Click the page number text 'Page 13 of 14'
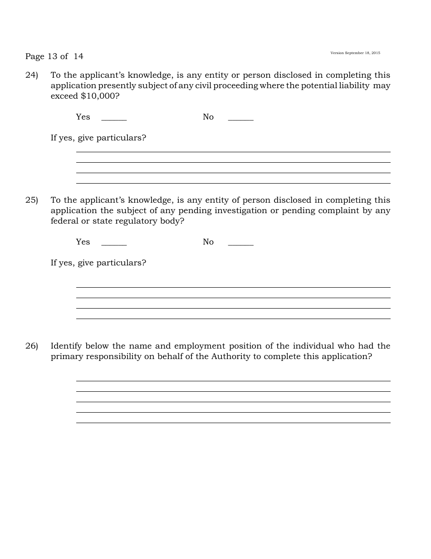click(54, 56)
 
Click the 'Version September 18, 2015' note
click(355, 53)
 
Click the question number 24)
click(31, 75)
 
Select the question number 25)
click(31, 200)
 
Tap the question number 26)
click(31, 346)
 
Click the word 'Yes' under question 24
click(83, 117)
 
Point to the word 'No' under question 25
click(208, 242)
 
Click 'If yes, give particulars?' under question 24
click(98, 138)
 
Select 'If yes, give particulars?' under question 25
click(98, 263)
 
